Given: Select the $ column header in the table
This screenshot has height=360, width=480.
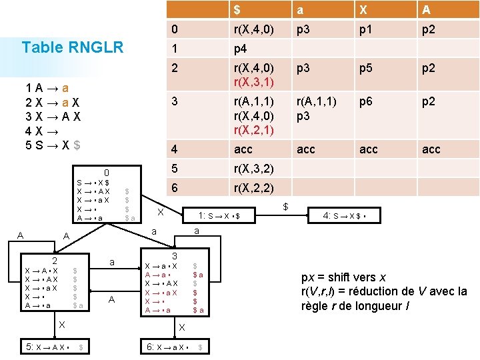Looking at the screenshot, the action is (237, 10).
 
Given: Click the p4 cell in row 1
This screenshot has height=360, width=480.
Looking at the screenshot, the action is (240, 49).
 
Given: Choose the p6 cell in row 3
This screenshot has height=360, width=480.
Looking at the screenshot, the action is (366, 102).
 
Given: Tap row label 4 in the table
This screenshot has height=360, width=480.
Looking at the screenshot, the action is (175, 149).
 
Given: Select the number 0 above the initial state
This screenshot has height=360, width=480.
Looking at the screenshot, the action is (106, 172).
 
